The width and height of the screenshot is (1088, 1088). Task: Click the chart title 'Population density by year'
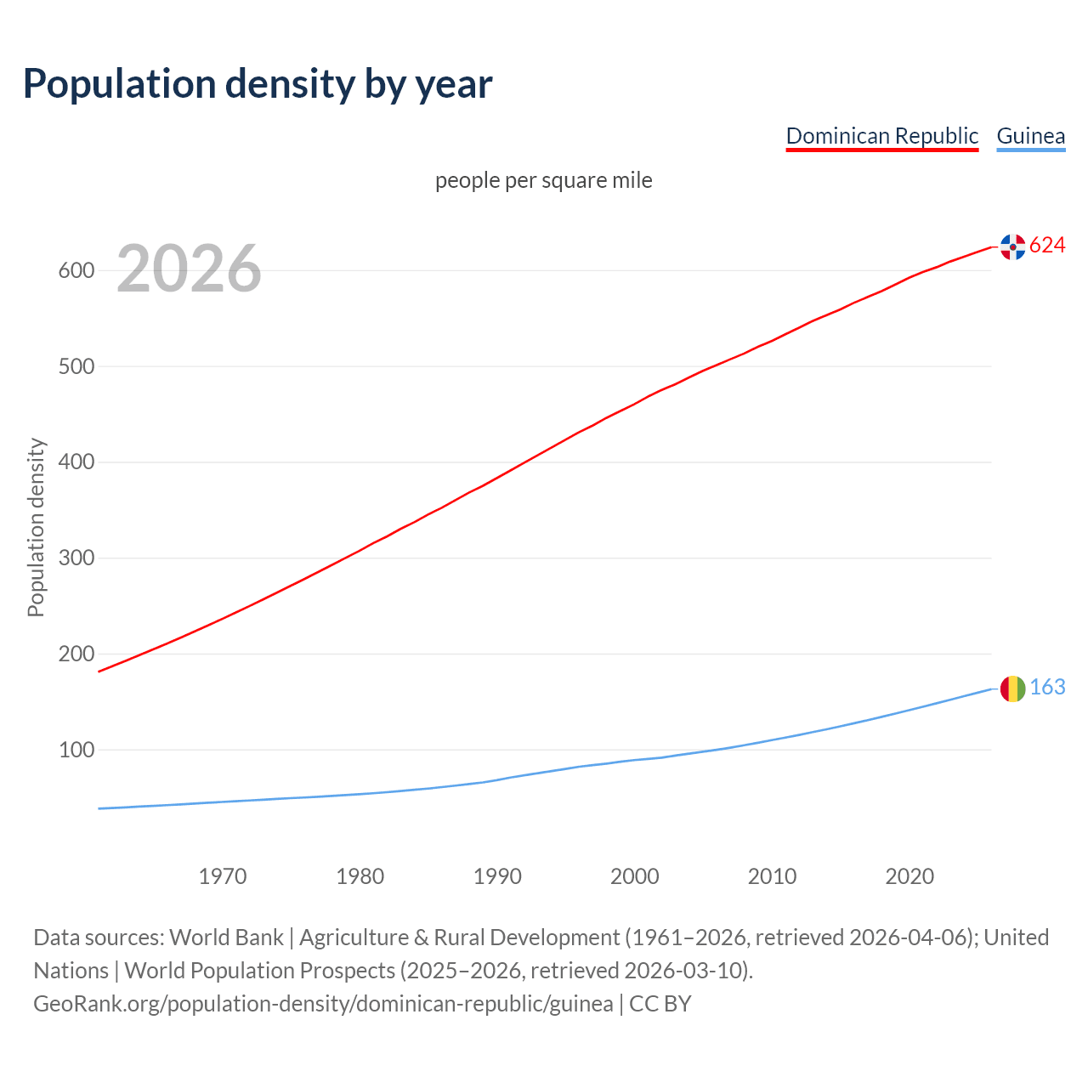[258, 84]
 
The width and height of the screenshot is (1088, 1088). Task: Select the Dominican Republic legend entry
[881, 136]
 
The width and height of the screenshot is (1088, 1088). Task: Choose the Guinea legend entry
[1030, 136]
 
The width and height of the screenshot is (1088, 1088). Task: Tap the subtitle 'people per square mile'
[543, 180]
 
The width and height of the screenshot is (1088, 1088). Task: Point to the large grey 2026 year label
[189, 269]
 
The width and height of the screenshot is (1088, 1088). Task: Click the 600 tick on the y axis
[76, 271]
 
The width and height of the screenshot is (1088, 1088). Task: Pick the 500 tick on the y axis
[76, 367]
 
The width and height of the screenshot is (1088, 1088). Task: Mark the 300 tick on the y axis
[76, 558]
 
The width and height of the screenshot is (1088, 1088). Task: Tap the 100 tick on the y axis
[76, 751]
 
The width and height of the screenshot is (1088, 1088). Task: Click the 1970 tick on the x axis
[223, 876]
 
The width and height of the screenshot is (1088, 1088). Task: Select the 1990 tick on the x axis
[497, 876]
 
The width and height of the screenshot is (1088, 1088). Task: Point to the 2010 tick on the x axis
[772, 876]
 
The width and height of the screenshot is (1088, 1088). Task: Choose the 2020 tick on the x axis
[909, 876]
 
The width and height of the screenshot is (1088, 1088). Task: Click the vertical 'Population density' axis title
[36, 527]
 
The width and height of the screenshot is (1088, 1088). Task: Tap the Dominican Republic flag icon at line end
[1012, 246]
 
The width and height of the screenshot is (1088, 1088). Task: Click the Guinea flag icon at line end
[1012, 688]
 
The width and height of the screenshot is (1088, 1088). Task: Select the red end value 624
[1047, 246]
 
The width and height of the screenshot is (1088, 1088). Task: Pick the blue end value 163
[1047, 688]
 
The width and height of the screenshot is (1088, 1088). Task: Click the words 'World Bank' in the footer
[226, 938]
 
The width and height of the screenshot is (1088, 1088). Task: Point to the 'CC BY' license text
[660, 1004]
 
